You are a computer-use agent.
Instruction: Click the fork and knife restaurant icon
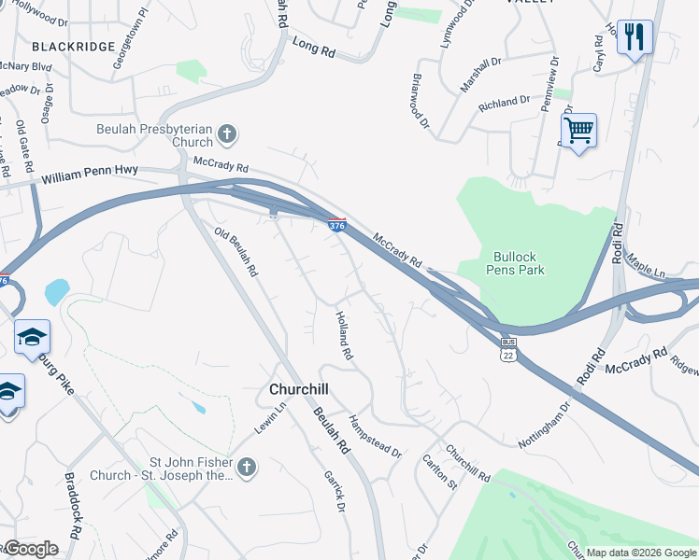[x=635, y=38]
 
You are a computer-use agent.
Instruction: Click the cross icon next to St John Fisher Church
[x=246, y=467]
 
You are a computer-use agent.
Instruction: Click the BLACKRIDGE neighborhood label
[x=73, y=46]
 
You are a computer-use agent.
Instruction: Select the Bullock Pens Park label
[x=515, y=262]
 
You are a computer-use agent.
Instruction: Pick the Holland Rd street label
[x=344, y=336]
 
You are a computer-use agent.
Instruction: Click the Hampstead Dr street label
[x=375, y=436]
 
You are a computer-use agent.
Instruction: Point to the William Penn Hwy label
[x=90, y=174]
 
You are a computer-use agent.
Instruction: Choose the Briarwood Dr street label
[x=420, y=101]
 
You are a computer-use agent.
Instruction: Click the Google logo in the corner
[x=31, y=549]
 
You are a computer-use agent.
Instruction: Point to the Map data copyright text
[x=641, y=553]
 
